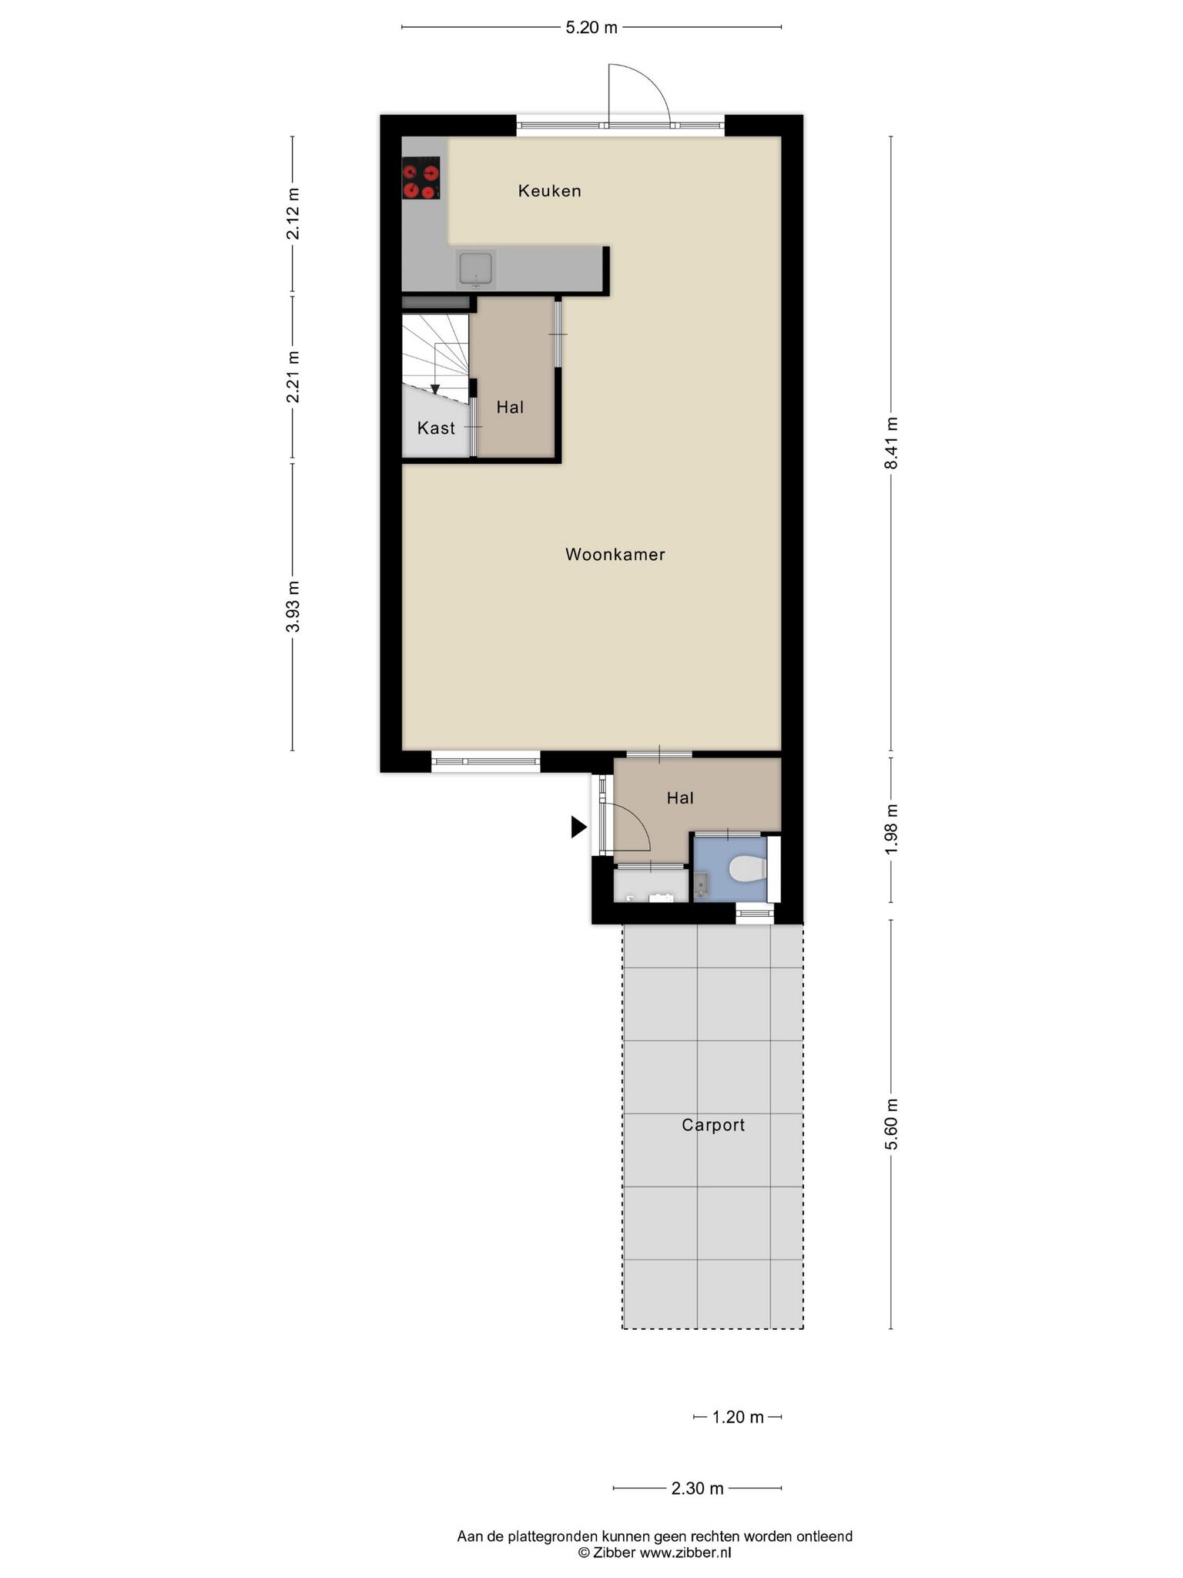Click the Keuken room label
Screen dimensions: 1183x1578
coord(549,190)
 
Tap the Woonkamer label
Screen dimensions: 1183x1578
coord(615,554)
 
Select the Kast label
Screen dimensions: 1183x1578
coord(436,428)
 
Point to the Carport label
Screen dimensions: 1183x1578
coord(713,1125)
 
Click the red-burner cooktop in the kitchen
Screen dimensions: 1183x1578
coord(421,178)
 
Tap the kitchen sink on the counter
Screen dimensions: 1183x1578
coord(476,269)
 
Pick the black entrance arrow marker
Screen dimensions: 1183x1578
coord(578,827)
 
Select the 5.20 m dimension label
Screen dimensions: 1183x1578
coord(591,28)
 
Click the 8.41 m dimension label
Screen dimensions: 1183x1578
coord(891,443)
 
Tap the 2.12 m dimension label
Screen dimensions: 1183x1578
coord(293,213)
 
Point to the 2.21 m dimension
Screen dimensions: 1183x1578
coord(293,377)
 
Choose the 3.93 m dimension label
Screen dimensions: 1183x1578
coord(293,606)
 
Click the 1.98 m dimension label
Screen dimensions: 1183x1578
coord(891,828)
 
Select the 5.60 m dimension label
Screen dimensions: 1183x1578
coord(891,1123)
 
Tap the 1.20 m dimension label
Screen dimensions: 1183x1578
coord(738,1417)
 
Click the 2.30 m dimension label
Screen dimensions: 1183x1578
coord(697,1488)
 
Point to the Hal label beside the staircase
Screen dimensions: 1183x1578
coord(510,407)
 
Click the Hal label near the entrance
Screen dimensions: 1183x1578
coord(680,797)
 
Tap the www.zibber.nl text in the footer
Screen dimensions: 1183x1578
coord(685,1552)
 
